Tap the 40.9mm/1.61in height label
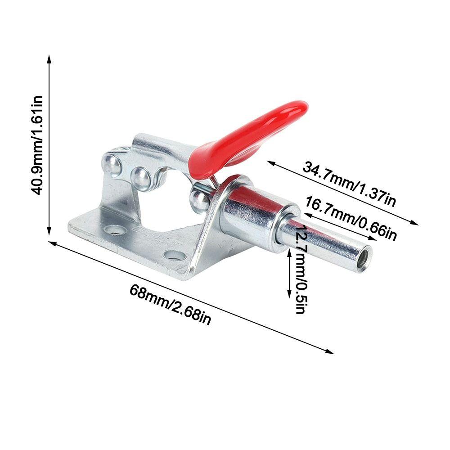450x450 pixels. pyautogui.click(x=37, y=145)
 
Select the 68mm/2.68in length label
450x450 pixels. pyautogui.click(x=171, y=304)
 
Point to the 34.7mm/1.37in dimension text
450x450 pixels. pyautogui.click(x=349, y=184)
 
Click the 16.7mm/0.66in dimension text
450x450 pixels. pyautogui.click(x=351, y=218)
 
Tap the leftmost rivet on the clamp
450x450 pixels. pyautogui.click(x=112, y=165)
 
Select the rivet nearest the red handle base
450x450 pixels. pyautogui.click(x=199, y=198)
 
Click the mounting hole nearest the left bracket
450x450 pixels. pyautogui.click(x=115, y=229)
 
